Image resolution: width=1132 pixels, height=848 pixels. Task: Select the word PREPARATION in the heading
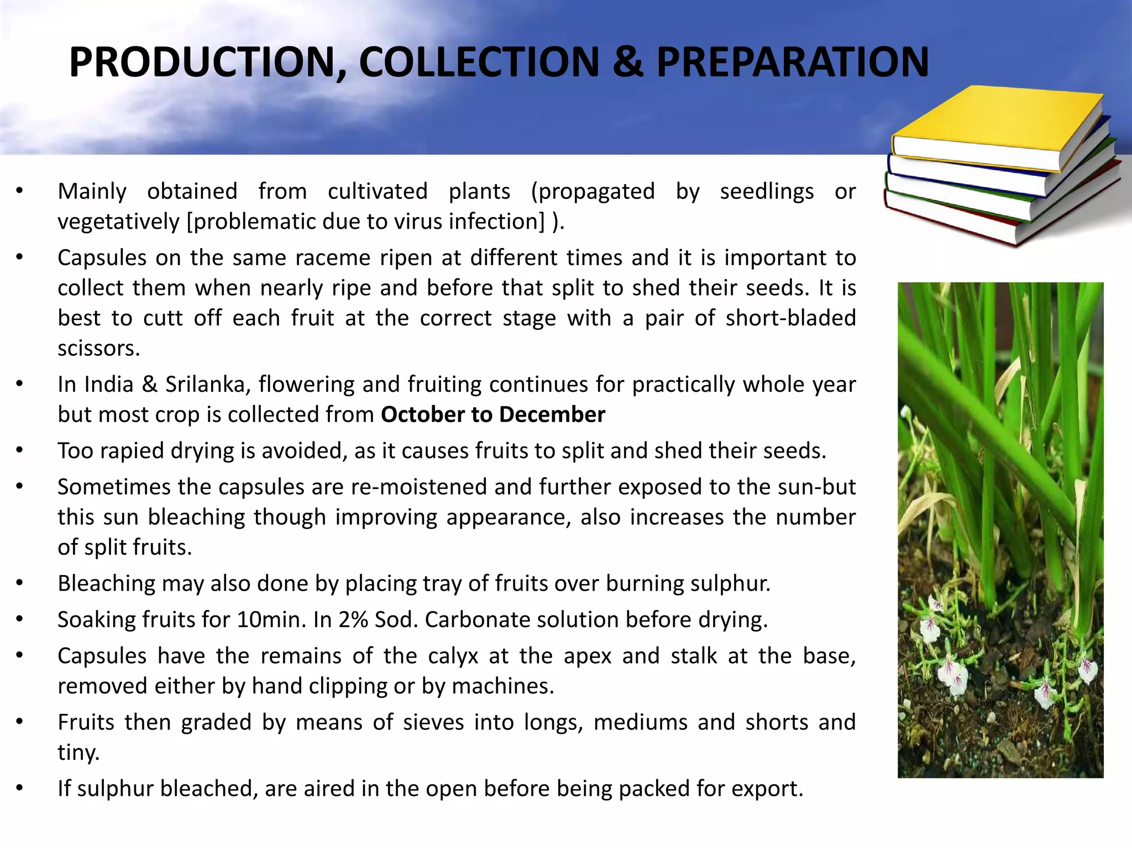tap(792, 62)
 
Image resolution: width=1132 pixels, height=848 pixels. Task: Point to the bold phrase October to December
tap(493, 414)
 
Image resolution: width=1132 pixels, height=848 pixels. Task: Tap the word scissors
tap(98, 348)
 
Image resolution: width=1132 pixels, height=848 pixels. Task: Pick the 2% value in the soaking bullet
tap(353, 620)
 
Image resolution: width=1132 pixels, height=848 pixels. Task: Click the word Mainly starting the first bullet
tap(92, 192)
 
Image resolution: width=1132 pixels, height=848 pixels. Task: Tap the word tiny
tap(78, 752)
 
